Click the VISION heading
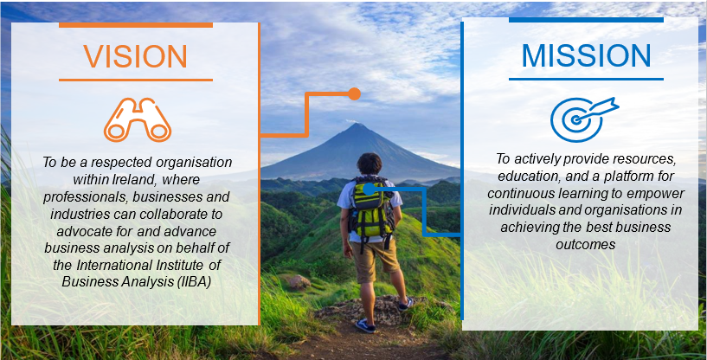[135, 56]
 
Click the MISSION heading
[586, 55]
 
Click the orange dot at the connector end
[354, 93]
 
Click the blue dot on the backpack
[369, 188]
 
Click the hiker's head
[370, 164]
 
